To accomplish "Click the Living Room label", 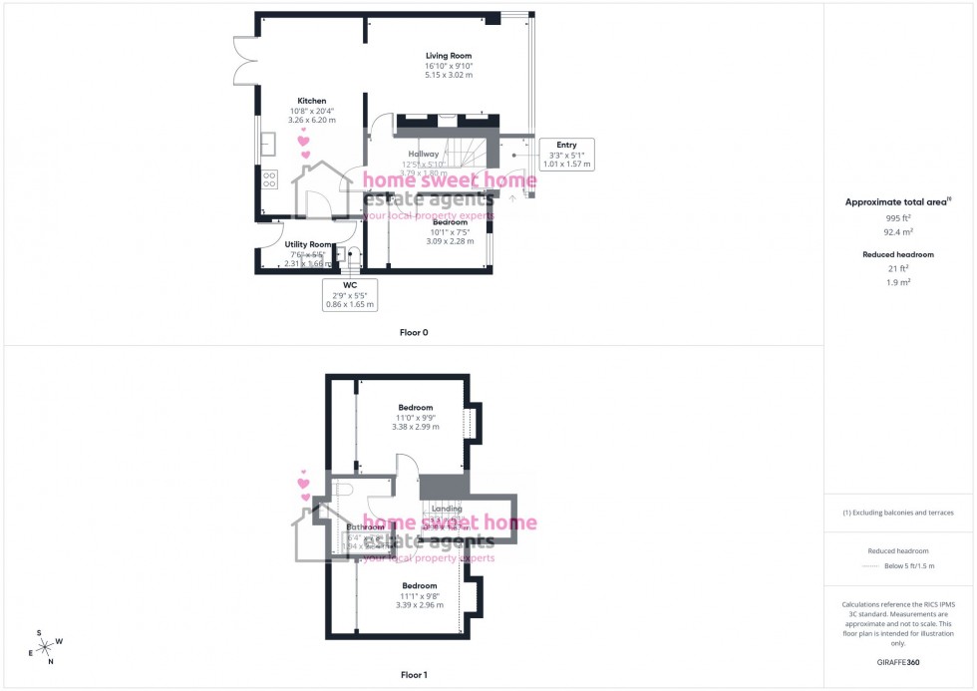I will click(448, 56).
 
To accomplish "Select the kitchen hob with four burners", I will click(269, 180).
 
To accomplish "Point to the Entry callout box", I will click(566, 155).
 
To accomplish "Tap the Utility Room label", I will click(308, 244).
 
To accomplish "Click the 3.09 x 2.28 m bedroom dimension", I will click(450, 240).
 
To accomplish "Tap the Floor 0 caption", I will click(414, 332).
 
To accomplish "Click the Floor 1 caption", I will click(414, 675).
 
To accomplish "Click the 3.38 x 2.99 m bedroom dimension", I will click(416, 427).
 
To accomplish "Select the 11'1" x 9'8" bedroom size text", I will click(419, 595).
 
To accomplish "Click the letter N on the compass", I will click(50, 662).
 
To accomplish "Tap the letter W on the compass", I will click(59, 641).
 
